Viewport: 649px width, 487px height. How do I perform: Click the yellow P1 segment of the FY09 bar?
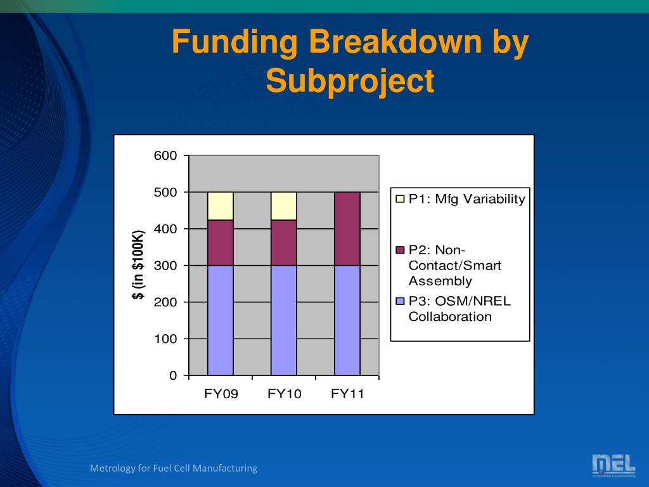point(220,206)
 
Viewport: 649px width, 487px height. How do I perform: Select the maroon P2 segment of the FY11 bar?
point(347,228)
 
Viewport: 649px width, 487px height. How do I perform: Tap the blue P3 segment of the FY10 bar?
point(284,320)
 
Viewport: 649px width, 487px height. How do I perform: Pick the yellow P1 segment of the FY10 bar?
point(284,206)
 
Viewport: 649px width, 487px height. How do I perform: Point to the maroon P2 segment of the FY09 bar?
point(220,243)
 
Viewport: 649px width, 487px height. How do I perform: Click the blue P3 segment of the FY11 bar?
point(347,320)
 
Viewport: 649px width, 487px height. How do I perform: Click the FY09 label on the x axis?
point(221,393)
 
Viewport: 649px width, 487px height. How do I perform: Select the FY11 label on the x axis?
point(348,393)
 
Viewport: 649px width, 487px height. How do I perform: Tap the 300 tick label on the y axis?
point(165,266)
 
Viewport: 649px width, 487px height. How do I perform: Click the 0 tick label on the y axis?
point(173,375)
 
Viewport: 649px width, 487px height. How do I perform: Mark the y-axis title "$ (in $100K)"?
point(138,265)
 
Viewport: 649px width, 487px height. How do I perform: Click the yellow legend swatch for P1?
point(400,198)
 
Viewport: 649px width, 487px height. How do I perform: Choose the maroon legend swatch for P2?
point(400,250)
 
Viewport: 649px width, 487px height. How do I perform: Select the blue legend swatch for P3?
point(400,301)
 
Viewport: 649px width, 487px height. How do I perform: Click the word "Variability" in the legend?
point(494,199)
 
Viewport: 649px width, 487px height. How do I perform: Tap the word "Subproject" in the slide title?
point(350,81)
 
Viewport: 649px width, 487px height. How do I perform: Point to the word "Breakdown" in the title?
point(395,41)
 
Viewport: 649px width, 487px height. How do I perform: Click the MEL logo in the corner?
point(614,465)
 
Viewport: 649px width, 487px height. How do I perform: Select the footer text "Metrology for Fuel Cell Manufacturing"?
point(174,469)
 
